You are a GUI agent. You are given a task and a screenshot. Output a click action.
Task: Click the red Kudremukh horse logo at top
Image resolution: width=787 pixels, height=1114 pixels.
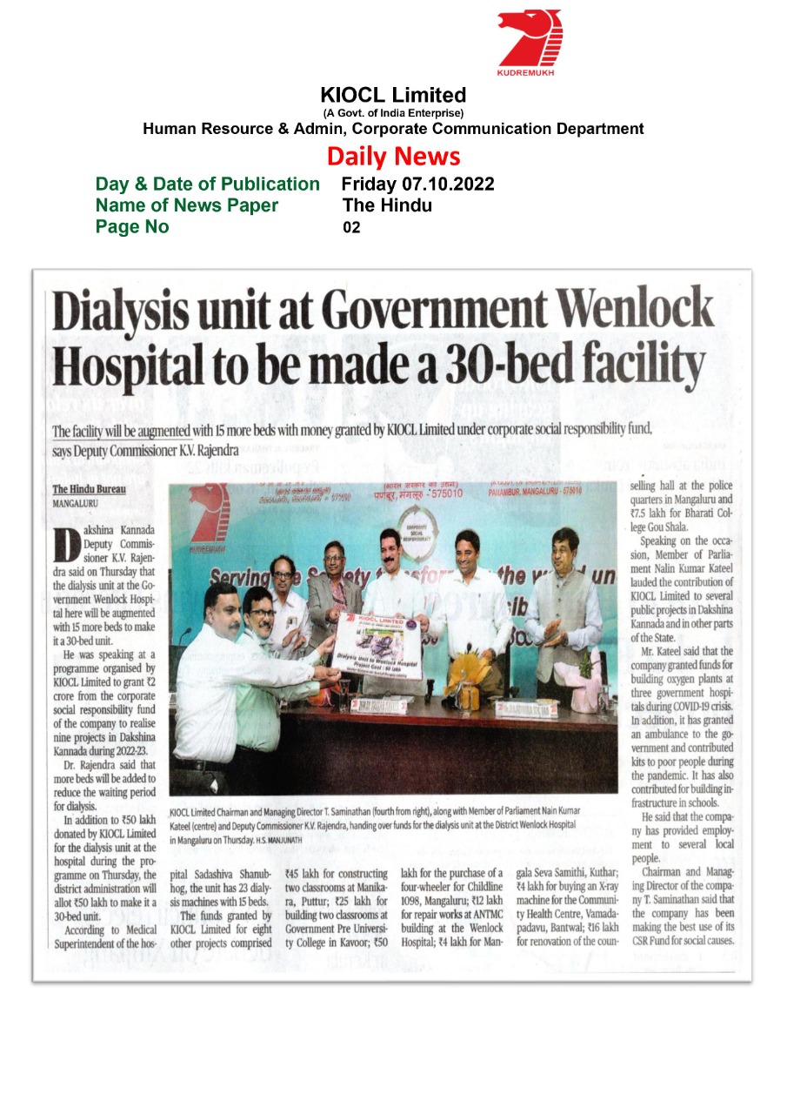pos(530,37)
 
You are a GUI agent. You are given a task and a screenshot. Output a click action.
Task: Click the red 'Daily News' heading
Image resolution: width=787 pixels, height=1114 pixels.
pos(393,157)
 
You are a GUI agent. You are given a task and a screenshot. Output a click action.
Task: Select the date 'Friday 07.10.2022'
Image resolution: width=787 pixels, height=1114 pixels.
pos(417,185)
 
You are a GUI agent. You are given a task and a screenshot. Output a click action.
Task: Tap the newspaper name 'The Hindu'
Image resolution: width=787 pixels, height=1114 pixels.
pos(387,205)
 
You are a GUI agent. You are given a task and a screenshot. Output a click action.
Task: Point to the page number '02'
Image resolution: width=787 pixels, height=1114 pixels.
pos(351,228)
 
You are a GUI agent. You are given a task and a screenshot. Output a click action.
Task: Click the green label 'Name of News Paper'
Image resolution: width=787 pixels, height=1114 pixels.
pos(187,205)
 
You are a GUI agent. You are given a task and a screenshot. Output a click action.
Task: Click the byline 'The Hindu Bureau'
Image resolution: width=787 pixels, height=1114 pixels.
pos(89,489)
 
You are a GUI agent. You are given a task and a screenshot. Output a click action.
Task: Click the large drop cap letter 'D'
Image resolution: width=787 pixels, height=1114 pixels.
pos(67,545)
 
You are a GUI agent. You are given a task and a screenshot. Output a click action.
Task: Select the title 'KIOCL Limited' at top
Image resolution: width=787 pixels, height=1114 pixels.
pos(393,95)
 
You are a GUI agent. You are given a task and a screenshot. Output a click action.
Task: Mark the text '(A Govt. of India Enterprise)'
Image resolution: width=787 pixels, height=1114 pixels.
pos(393,113)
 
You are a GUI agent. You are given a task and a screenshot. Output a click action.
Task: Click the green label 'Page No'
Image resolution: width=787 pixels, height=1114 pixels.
pos(132,228)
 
